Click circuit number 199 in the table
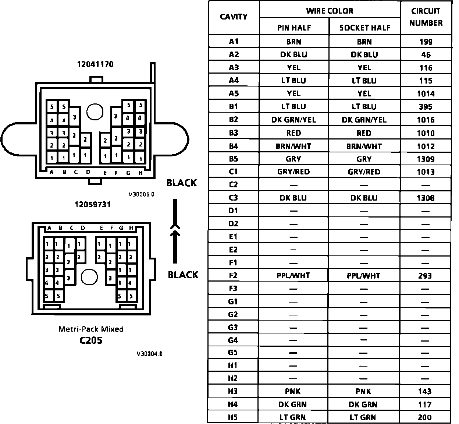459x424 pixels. tap(426, 42)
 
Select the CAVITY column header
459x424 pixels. tap(234, 17)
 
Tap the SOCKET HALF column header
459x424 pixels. tap(364, 28)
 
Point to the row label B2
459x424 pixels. tap(234, 120)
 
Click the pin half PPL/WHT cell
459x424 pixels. tap(293, 276)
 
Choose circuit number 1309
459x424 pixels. tap(426, 159)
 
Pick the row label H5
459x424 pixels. tap(233, 417)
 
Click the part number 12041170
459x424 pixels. tap(95, 64)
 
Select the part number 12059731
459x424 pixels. tap(92, 205)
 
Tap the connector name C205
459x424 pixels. tap(91, 340)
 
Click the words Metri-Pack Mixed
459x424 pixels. tap(91, 329)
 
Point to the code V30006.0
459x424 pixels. tap(141, 194)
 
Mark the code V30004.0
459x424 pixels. tap(149, 354)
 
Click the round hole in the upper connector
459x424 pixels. tap(95, 111)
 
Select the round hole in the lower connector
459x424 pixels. tap(89, 277)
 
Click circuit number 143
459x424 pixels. tap(425, 392)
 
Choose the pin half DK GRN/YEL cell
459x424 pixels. tap(293, 120)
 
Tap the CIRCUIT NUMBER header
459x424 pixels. tap(426, 17)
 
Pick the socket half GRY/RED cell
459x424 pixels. tap(364, 172)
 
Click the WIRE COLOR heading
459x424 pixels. tap(330, 11)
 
